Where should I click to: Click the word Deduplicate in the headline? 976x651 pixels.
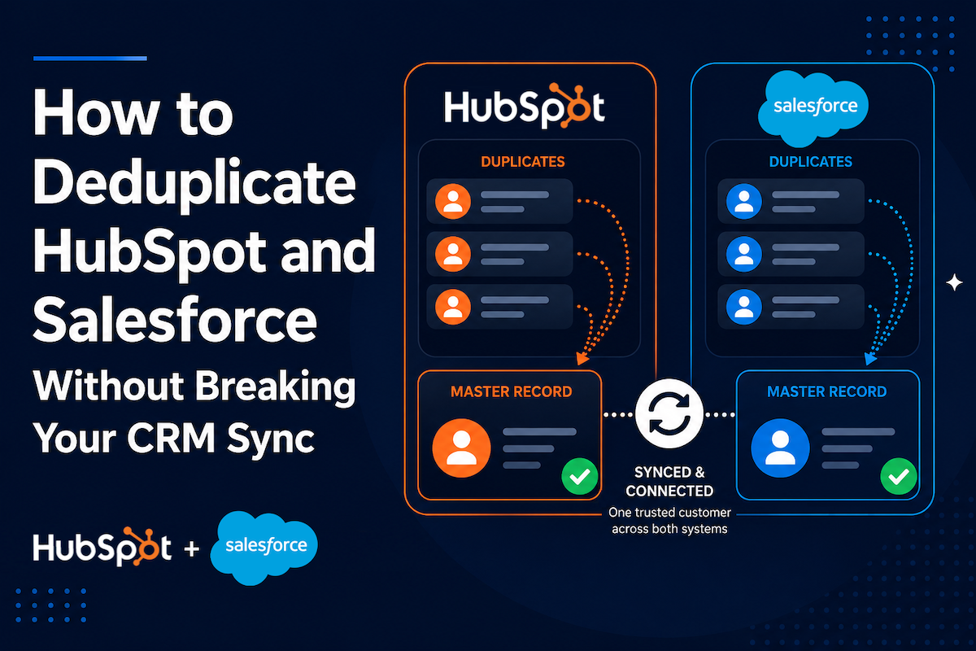[x=194, y=183]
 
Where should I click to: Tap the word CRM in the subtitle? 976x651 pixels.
[x=171, y=438]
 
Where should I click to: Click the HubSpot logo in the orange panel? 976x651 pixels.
[x=524, y=106]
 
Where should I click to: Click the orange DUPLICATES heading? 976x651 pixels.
[x=523, y=162]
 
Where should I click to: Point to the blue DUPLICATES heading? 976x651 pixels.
[x=810, y=162]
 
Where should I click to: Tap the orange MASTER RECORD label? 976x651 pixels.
[x=511, y=391]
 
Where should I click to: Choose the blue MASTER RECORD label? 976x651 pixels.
[x=826, y=391]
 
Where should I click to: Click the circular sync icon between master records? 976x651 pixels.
[x=669, y=413]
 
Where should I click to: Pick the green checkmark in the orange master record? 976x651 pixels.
[x=579, y=476]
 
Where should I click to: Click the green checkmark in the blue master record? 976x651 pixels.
[x=899, y=476]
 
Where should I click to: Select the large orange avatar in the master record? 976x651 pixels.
[x=461, y=448]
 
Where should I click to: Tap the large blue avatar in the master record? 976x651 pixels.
[x=780, y=448]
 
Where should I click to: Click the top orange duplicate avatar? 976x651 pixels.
[x=453, y=201]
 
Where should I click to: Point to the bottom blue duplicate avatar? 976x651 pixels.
[x=743, y=307]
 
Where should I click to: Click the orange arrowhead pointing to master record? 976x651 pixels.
[x=582, y=358]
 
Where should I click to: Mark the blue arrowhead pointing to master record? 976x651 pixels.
[x=869, y=358]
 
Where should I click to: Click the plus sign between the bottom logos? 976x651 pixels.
[x=192, y=548]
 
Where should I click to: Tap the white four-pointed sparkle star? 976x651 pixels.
[x=954, y=282]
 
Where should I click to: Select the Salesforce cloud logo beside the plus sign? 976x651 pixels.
[x=264, y=548]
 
